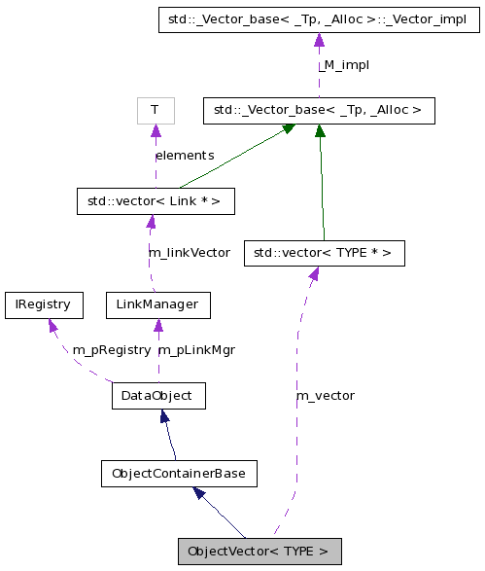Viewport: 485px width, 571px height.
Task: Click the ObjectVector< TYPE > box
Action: click(260, 551)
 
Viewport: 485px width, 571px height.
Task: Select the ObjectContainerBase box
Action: click(179, 474)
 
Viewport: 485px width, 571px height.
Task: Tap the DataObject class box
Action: click(157, 396)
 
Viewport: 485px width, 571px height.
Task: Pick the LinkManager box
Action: click(156, 304)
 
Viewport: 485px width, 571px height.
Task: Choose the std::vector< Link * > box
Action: click(155, 201)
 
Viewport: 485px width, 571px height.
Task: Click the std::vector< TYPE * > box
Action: click(323, 253)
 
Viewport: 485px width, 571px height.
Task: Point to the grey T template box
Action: click(155, 110)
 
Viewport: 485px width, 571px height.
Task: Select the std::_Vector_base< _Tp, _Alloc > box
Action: click(318, 110)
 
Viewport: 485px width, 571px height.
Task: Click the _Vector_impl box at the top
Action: click(319, 18)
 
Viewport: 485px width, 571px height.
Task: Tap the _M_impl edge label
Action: click(344, 64)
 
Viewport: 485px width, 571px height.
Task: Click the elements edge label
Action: click(185, 155)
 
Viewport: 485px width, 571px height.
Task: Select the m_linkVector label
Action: click(189, 252)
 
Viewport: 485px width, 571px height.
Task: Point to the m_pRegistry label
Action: click(112, 349)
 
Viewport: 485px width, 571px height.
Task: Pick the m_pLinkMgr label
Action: click(196, 349)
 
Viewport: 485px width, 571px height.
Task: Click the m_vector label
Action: click(325, 395)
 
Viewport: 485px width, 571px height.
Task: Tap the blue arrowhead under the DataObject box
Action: click(164, 417)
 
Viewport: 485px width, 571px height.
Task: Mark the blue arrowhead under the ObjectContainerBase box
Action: click(198, 493)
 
